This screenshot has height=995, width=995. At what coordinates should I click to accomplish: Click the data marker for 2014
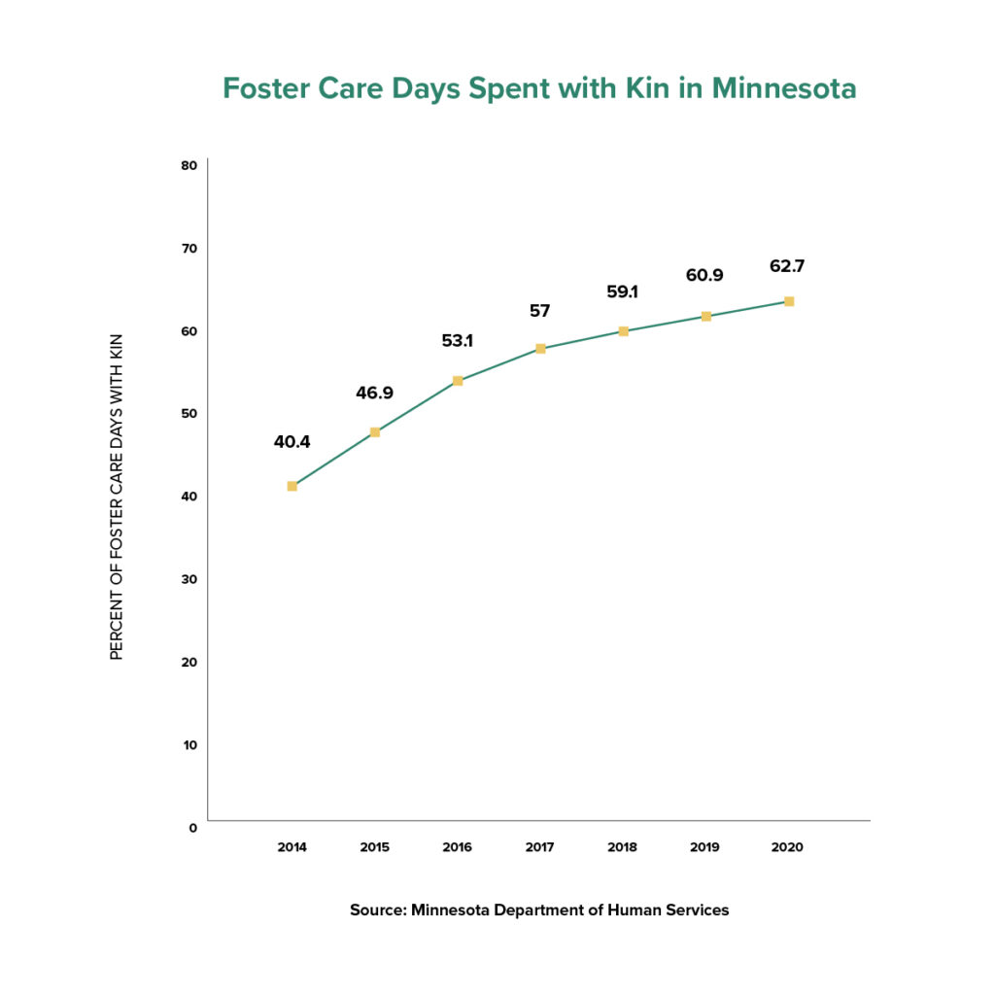coord(292,486)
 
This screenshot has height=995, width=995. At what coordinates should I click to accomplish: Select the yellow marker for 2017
coord(540,348)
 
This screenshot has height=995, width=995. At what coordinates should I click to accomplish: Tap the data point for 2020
coord(789,301)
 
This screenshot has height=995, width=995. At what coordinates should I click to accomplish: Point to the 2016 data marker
coord(458,381)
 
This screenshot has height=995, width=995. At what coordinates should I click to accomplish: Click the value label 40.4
coord(292,442)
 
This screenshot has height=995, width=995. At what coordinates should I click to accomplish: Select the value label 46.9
coord(374,394)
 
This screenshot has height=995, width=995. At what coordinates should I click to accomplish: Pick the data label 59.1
coord(623,290)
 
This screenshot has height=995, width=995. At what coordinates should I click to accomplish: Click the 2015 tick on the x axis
coord(374,847)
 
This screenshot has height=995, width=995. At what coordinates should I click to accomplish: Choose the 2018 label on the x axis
coord(623,847)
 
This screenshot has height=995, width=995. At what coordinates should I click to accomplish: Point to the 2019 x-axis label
coord(705,847)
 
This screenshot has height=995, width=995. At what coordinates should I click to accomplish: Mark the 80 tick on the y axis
coord(189,165)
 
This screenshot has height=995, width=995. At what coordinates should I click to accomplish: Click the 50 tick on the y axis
coord(189,413)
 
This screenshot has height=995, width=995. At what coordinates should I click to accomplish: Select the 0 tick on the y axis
coord(192,827)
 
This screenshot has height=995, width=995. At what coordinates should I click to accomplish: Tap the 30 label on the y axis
coord(189,579)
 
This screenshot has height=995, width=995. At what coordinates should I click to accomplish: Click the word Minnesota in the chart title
coord(784,88)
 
